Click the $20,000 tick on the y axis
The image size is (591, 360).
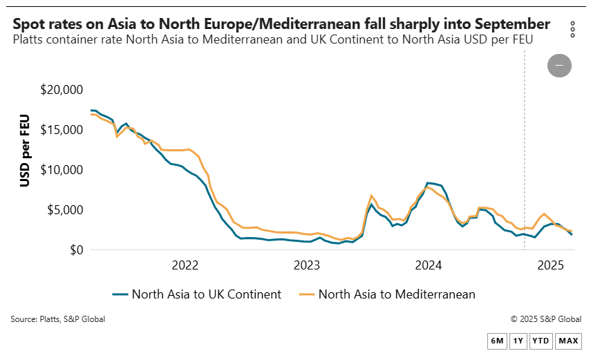pyautogui.click(x=62, y=90)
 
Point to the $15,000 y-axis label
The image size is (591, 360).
pyautogui.click(x=62, y=130)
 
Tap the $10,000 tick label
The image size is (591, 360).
pyautogui.click(x=62, y=170)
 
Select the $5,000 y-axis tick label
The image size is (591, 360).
pyautogui.click(x=66, y=210)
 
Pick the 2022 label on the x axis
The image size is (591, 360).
pyautogui.click(x=185, y=265)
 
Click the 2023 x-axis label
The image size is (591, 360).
pyautogui.click(x=307, y=265)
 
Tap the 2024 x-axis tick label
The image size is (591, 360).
pyautogui.click(x=429, y=265)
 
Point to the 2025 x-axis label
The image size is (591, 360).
pyautogui.click(x=551, y=265)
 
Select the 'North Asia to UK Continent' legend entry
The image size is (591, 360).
pyautogui.click(x=197, y=294)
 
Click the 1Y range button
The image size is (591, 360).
pyautogui.click(x=518, y=341)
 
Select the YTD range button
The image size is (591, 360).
pyautogui.click(x=541, y=341)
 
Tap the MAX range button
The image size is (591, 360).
pyautogui.click(x=568, y=341)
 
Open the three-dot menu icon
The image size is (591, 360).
pyautogui.click(x=572, y=29)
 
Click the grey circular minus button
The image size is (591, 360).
pyautogui.click(x=559, y=66)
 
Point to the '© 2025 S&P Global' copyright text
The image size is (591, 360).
pyautogui.click(x=545, y=319)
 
